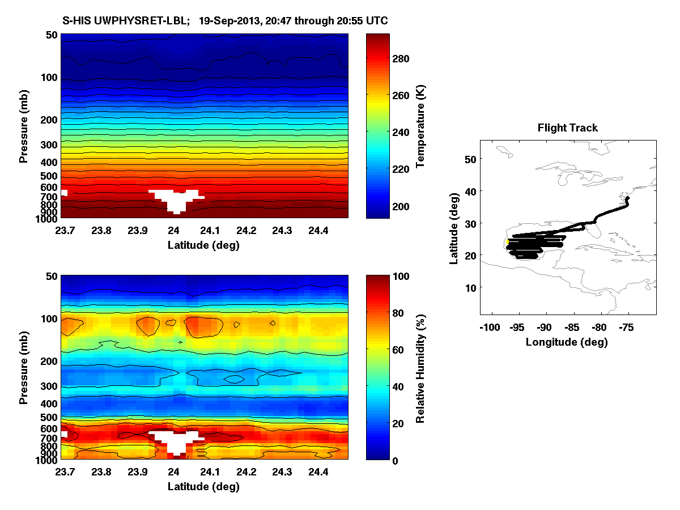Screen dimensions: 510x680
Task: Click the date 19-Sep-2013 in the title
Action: (225, 21)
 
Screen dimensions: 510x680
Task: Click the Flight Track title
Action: (567, 128)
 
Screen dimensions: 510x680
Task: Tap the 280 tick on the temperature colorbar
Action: (401, 58)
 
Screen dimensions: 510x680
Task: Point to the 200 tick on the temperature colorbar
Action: (401, 206)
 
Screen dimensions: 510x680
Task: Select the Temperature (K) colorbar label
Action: (420, 126)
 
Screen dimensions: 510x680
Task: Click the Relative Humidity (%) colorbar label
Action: (420, 368)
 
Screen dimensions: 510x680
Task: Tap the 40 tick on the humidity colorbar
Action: (401, 386)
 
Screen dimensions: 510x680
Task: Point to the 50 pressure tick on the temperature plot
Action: (51, 35)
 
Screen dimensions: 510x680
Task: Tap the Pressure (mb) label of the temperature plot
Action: (24, 126)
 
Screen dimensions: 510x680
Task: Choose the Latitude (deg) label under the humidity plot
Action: (203, 486)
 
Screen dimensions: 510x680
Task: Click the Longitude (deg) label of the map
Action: (567, 342)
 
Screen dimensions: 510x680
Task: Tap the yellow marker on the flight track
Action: (507, 242)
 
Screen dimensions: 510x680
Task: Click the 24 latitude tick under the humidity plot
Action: (174, 472)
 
